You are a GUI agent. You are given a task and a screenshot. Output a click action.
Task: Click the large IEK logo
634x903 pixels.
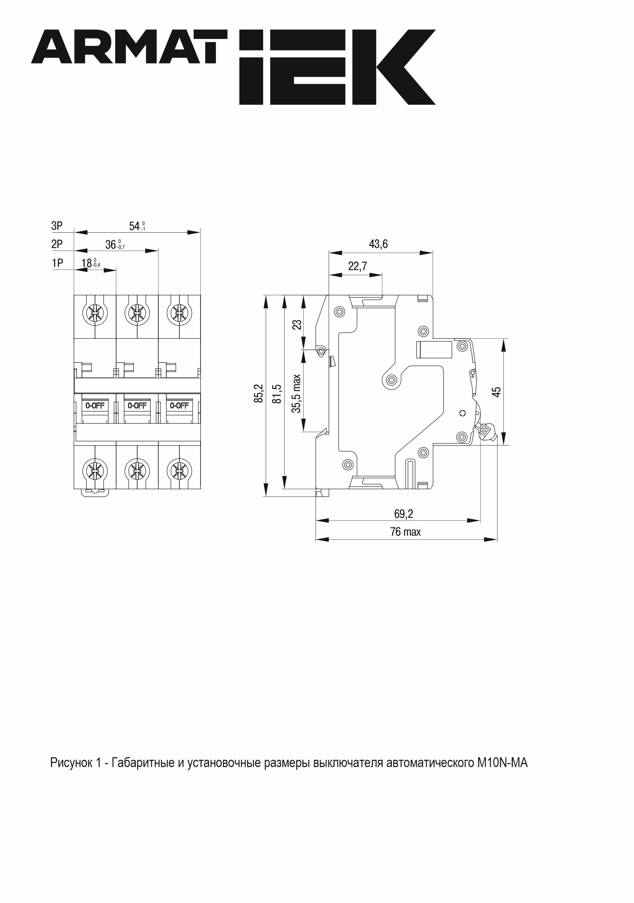pyautogui.click(x=337, y=67)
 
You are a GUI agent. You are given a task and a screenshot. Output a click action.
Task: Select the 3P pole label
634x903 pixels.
pyautogui.click(x=57, y=226)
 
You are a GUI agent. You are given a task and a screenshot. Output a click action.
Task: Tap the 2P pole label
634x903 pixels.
pyautogui.click(x=57, y=244)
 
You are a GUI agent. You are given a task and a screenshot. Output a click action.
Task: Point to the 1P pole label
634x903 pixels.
pyautogui.click(x=57, y=263)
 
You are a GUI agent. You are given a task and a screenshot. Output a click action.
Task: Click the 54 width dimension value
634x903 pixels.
pyautogui.click(x=135, y=226)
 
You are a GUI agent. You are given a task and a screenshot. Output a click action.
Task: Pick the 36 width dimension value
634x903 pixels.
pyautogui.click(x=111, y=245)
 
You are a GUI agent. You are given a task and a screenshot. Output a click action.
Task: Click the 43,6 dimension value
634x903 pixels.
pyautogui.click(x=378, y=244)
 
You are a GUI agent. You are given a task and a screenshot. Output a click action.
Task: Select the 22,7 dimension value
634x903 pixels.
pyautogui.click(x=357, y=266)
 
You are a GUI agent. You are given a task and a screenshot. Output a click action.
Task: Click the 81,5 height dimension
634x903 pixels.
pyautogui.click(x=277, y=393)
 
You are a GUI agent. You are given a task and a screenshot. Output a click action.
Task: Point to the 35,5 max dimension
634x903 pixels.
pyautogui.click(x=296, y=393)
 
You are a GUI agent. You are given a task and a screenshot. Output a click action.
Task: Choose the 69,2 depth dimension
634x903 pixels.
pyautogui.click(x=404, y=514)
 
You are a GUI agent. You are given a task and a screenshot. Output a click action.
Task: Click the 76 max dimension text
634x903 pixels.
pyautogui.click(x=405, y=532)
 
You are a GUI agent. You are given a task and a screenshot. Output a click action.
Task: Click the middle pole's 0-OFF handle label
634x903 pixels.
pyautogui.click(x=137, y=405)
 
